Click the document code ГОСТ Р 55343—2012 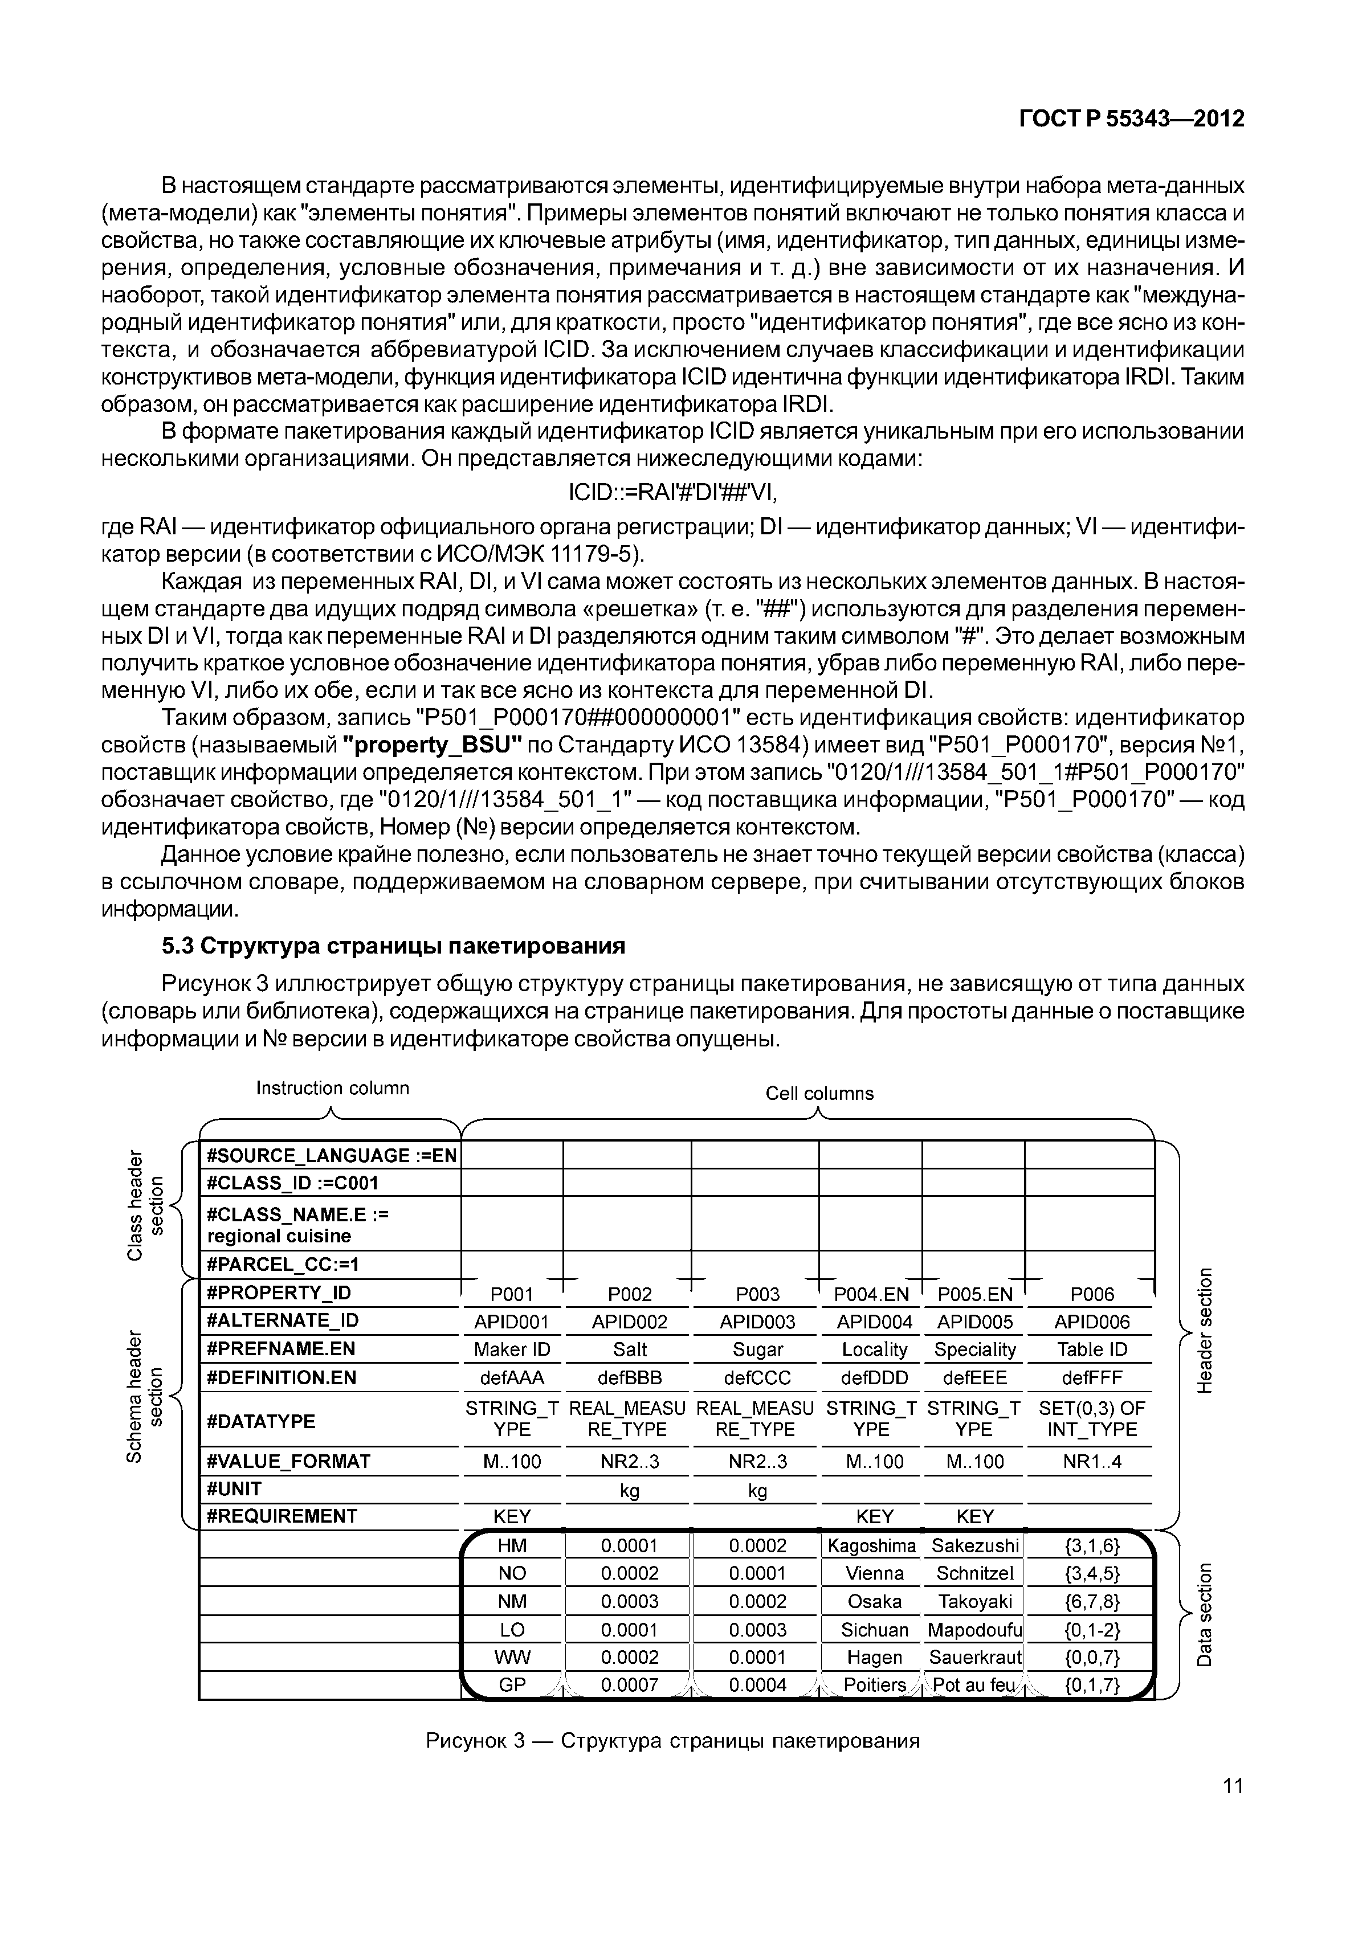pos(1132,119)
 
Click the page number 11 pos(1232,1786)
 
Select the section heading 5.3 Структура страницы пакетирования pos(393,946)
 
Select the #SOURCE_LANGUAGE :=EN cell pos(331,1155)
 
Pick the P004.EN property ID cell pos(871,1294)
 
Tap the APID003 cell pos(757,1321)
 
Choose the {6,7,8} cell pos(1091,1601)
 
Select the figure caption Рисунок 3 pos(672,1741)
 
